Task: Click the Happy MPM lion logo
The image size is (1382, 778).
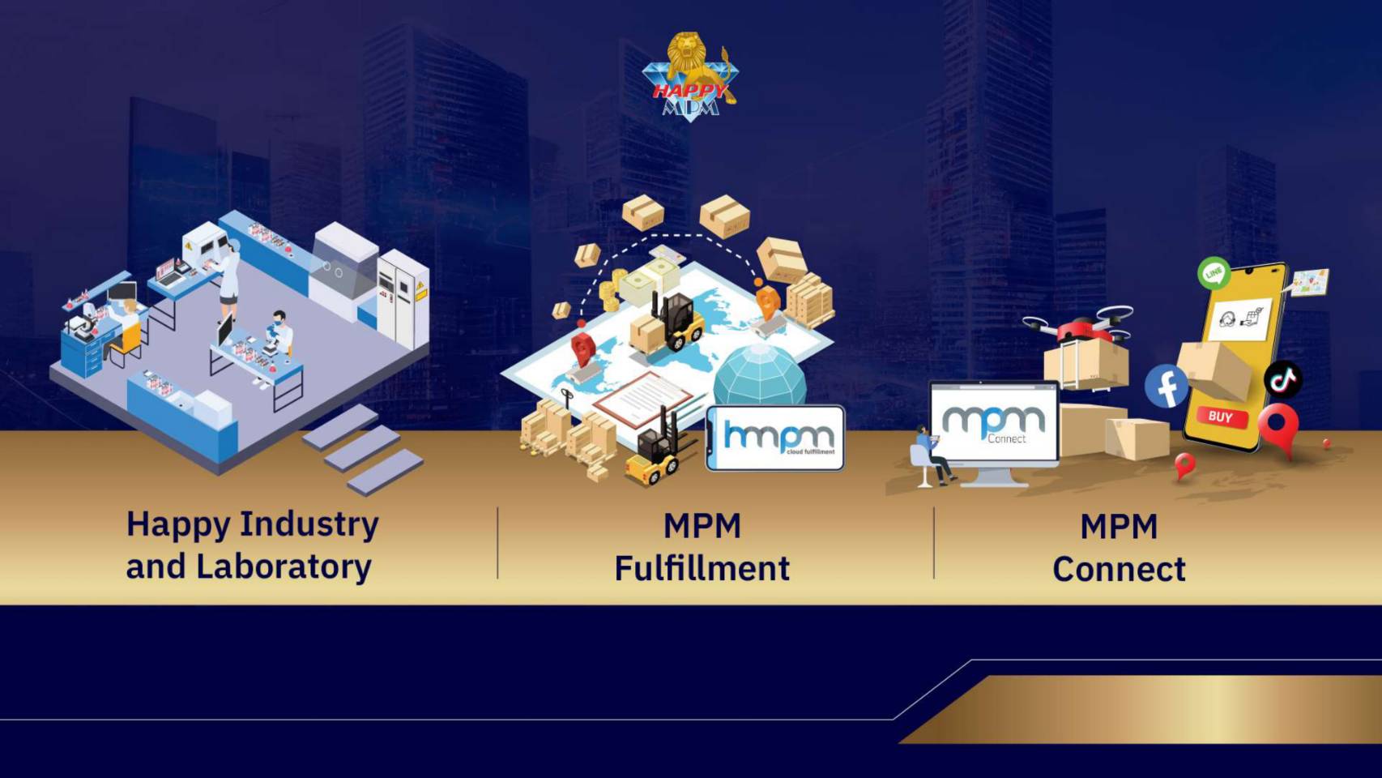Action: [689, 76]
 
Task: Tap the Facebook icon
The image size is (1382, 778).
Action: [1166, 386]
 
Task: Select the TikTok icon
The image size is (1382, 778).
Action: [1282, 378]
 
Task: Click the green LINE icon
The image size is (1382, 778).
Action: [1214, 273]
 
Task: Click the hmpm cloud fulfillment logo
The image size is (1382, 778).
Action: [775, 438]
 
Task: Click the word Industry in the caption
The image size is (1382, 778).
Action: [309, 524]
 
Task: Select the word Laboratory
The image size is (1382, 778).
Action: [284, 566]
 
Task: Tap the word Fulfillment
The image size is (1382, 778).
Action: [702, 568]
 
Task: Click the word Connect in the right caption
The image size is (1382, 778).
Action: [1120, 569]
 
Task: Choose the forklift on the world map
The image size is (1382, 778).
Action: [668, 323]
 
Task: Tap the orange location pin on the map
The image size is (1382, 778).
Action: [767, 302]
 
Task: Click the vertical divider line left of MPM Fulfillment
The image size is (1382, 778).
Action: [498, 543]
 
